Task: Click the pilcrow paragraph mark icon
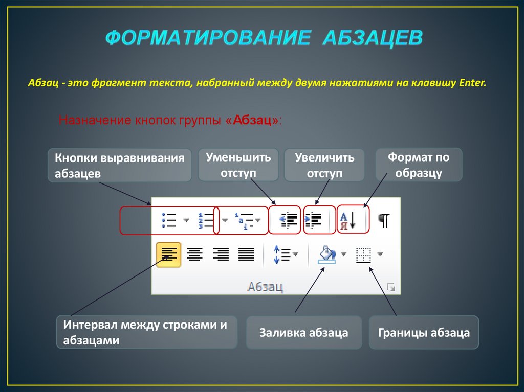(x=384, y=221)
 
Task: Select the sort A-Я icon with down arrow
(x=348, y=221)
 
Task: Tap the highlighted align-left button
(x=168, y=254)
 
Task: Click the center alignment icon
(x=194, y=254)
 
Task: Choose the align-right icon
(x=221, y=254)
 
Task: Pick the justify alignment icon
(x=246, y=254)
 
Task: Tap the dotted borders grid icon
(x=364, y=255)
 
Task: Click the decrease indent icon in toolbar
(x=288, y=220)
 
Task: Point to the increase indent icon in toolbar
(x=314, y=220)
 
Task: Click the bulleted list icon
(x=169, y=220)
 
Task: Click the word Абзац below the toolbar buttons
(x=265, y=286)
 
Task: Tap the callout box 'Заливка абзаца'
(x=303, y=333)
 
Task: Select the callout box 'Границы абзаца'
(x=424, y=333)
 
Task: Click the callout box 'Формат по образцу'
(x=419, y=165)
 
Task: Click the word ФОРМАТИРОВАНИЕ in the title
(x=208, y=38)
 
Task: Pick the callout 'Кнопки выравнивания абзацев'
(x=120, y=165)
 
